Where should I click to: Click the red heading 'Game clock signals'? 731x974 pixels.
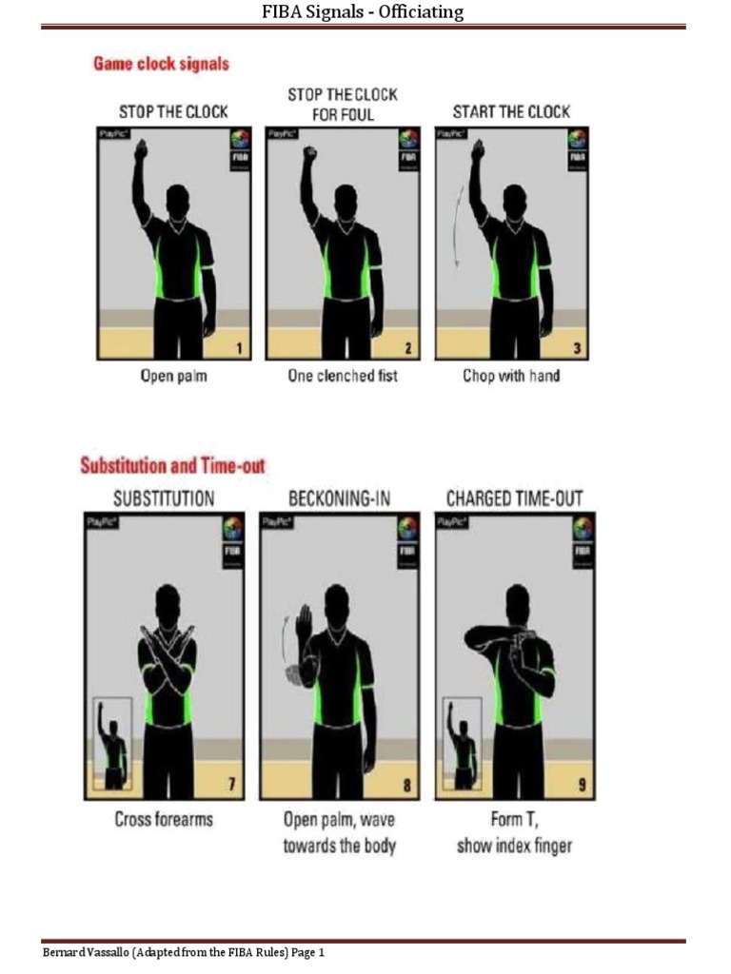point(161,65)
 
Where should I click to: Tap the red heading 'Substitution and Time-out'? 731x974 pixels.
point(172,466)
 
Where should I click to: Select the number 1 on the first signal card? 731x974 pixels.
point(241,349)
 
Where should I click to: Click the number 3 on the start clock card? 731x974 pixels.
point(577,349)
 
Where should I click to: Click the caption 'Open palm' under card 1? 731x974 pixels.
point(174,376)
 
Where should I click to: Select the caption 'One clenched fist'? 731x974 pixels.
point(343,376)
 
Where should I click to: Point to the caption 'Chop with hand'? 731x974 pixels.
point(511,376)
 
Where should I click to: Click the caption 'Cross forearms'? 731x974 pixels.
point(164,819)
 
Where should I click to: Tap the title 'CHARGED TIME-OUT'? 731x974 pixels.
point(515,497)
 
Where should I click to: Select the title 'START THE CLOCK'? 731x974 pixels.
point(511,112)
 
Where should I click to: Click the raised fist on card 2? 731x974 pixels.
point(308,152)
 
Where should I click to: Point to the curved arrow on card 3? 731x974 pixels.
point(457,225)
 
